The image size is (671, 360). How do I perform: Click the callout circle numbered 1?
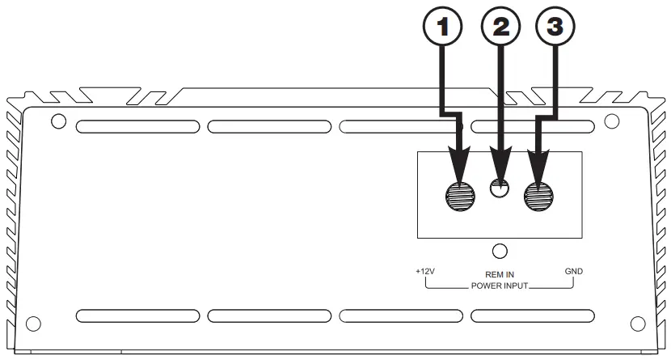441,28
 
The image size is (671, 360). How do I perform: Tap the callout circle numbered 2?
501,28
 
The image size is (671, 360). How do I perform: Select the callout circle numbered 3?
555,28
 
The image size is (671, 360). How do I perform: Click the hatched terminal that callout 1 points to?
462,194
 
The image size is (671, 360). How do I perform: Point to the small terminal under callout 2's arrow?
501,191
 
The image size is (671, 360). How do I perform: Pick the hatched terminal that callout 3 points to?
539,194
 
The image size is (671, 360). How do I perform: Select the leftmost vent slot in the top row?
137,127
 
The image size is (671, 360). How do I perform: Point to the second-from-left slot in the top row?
269,127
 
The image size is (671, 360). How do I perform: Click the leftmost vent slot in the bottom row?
137,316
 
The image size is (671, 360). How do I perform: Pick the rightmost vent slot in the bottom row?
534,316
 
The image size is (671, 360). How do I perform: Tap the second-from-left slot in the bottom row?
269,316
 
